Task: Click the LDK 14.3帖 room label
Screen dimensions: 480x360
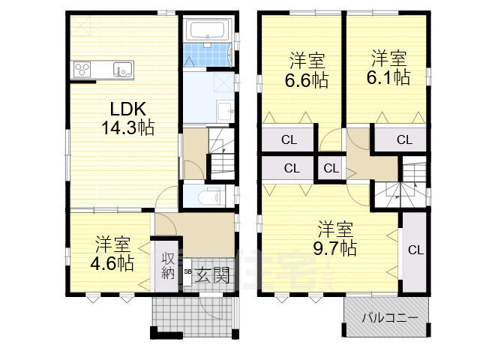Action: tap(128, 118)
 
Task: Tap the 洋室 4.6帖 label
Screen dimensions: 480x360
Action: tap(112, 253)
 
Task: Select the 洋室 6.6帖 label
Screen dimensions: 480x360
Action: tap(307, 70)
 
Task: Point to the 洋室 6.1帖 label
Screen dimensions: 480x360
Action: tap(388, 67)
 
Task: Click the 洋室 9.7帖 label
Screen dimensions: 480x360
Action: tap(335, 238)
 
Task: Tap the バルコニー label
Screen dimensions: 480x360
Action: tap(390, 318)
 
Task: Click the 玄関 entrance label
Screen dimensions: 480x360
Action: tap(212, 275)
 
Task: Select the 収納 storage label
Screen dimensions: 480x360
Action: tap(168, 265)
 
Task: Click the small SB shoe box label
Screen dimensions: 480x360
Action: tap(187, 271)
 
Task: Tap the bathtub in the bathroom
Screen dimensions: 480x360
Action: tap(208, 30)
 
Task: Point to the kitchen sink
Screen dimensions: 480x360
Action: tap(123, 70)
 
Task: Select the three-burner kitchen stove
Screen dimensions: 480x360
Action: tap(82, 69)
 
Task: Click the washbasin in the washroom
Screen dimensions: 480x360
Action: tap(225, 111)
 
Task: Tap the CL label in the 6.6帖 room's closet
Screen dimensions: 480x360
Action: tap(289, 140)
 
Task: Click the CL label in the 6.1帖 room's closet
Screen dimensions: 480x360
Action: tap(404, 139)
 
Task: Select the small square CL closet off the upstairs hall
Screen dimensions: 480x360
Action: tap(331, 168)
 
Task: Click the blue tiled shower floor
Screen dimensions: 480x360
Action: tap(207, 55)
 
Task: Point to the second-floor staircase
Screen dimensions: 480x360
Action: tap(400, 181)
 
